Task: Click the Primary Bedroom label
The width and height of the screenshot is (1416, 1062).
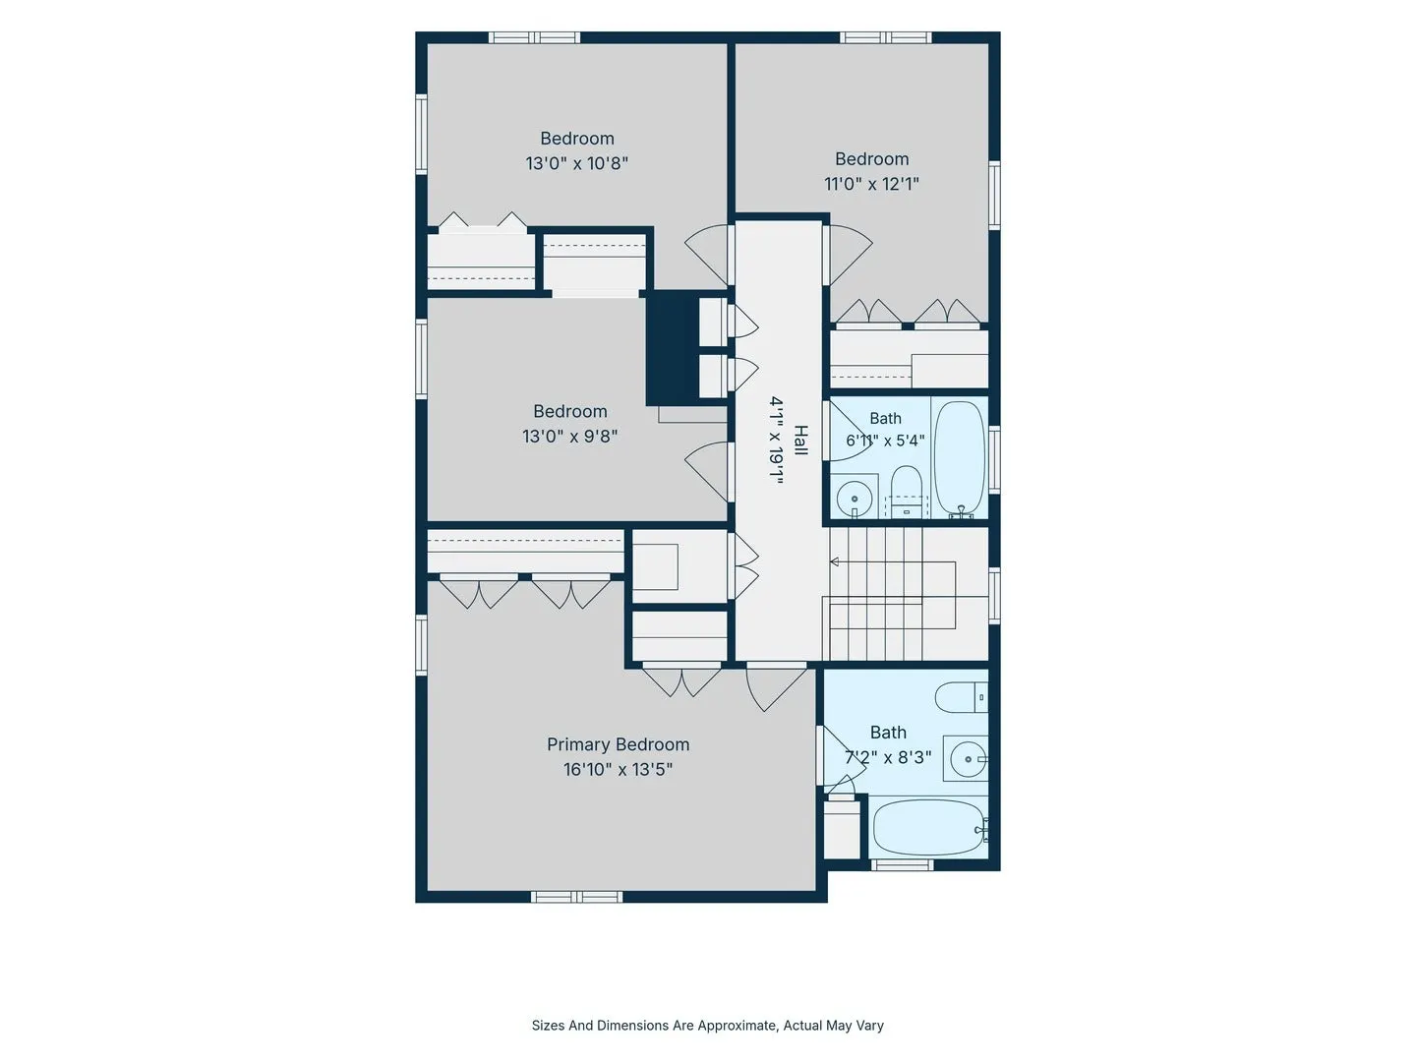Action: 618,744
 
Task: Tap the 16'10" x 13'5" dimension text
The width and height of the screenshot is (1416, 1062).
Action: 618,769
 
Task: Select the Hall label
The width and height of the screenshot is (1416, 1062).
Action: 799,440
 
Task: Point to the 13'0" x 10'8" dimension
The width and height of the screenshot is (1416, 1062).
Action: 576,163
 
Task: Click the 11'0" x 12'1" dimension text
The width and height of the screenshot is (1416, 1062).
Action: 871,184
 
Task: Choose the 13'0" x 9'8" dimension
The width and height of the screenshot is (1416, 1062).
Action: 569,437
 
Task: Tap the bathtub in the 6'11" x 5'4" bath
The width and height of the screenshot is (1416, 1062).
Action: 960,458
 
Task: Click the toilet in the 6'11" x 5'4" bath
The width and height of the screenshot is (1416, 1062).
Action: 906,492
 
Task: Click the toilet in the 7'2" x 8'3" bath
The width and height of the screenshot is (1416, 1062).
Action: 961,697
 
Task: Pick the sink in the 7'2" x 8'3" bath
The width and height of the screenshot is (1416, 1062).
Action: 968,759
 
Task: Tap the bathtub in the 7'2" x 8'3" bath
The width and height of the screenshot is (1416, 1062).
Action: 929,828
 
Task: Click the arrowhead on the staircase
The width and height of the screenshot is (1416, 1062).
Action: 834,562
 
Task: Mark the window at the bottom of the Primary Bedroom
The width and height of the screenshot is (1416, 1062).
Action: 576,897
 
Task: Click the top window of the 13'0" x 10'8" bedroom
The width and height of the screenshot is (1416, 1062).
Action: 534,37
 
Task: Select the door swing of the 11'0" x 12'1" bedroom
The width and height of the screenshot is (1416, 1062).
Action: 849,255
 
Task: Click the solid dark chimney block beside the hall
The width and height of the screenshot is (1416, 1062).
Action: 673,348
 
